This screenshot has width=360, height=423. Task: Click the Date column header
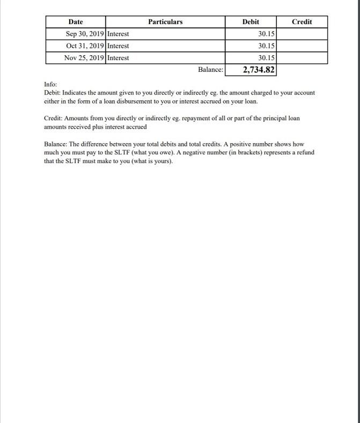(x=76, y=22)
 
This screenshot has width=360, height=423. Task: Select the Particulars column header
(x=165, y=22)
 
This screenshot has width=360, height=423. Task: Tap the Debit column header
(x=251, y=22)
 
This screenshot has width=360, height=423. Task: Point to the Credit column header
(x=302, y=22)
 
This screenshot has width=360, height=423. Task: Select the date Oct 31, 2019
(x=82, y=46)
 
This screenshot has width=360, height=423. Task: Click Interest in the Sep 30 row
(x=118, y=34)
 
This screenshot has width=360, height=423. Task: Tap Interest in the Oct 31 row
(x=118, y=46)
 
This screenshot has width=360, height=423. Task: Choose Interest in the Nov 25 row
(x=118, y=57)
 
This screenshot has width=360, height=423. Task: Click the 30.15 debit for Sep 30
(x=266, y=34)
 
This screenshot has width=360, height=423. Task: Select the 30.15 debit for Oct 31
(x=266, y=46)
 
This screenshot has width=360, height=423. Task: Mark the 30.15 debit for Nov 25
(x=266, y=57)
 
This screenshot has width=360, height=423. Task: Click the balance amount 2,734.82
(x=259, y=70)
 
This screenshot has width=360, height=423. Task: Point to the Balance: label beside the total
(x=210, y=70)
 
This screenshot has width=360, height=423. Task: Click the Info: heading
(x=50, y=84)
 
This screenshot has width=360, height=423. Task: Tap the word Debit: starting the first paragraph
(x=53, y=93)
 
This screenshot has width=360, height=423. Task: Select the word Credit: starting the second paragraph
(x=53, y=118)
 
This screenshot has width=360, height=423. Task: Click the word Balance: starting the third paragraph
(x=55, y=144)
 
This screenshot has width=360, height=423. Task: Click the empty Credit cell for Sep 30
(x=302, y=34)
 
